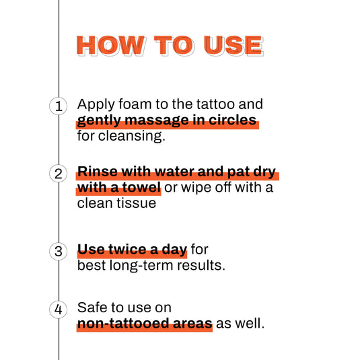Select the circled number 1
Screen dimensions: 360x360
[x=59, y=106]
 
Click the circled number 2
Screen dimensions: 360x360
[x=59, y=173]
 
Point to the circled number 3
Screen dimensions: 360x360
[x=59, y=250]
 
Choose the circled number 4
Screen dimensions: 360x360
[x=59, y=309]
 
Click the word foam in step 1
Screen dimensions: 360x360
[x=129, y=105]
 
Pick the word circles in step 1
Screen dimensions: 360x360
[x=233, y=121]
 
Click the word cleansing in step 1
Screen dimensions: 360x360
[x=131, y=137]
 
